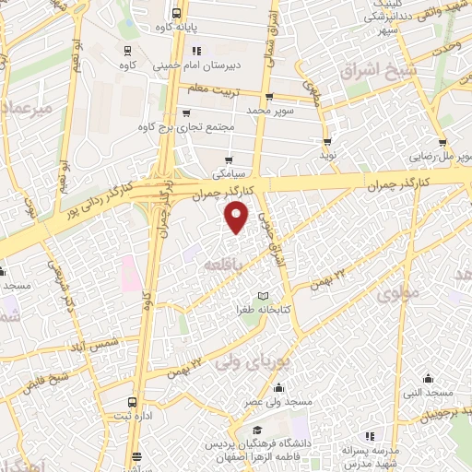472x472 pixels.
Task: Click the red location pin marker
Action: coord(237,218)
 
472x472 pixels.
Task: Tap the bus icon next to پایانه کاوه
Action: coord(175,14)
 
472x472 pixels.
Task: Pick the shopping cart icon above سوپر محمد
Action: coord(268,96)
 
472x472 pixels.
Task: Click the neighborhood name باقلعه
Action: coord(244,264)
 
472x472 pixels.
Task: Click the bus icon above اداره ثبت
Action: coord(135,402)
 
